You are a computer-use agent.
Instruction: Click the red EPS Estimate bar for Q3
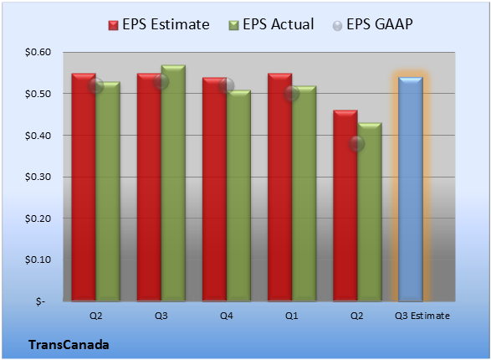pos(149,188)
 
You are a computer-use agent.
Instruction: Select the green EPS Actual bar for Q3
pos(173,183)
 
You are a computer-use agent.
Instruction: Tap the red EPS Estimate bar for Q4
pos(214,189)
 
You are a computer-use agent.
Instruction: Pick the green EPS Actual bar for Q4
pos(238,196)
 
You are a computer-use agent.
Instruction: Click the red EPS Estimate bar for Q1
pos(280,188)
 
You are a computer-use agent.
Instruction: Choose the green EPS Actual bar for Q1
pos(304,193)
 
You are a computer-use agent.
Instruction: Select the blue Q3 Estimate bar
pos(411,189)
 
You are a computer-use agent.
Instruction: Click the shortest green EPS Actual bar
pos(370,212)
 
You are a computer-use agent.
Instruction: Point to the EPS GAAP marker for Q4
pos(227,85)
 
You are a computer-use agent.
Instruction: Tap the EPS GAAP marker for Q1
pos(292,94)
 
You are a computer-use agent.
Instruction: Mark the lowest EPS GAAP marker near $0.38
pos(356,143)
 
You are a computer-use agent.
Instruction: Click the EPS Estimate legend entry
pos(159,24)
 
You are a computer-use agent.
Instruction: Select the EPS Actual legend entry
pos(271,24)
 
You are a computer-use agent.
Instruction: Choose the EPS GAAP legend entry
pos(372,24)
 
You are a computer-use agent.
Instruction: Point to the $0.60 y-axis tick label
pos(38,52)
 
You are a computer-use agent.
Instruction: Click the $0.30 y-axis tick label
pos(38,177)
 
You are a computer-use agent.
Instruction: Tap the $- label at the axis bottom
pos(40,301)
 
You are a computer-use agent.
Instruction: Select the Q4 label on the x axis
pos(227,316)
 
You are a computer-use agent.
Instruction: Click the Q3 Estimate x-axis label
pos(422,316)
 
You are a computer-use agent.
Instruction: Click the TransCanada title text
pos(69,345)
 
